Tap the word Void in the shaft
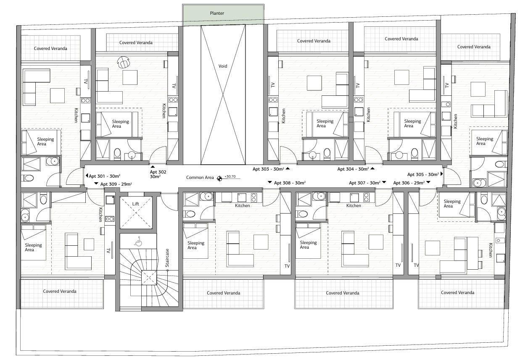223,66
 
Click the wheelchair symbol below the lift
137,242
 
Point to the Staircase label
167,258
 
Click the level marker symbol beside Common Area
219,179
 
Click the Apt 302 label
155,174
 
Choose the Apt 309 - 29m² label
113,184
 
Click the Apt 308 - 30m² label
290,183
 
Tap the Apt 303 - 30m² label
268,169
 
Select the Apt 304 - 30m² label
353,169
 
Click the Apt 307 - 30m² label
364,183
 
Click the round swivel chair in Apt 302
124,62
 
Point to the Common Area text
200,178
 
